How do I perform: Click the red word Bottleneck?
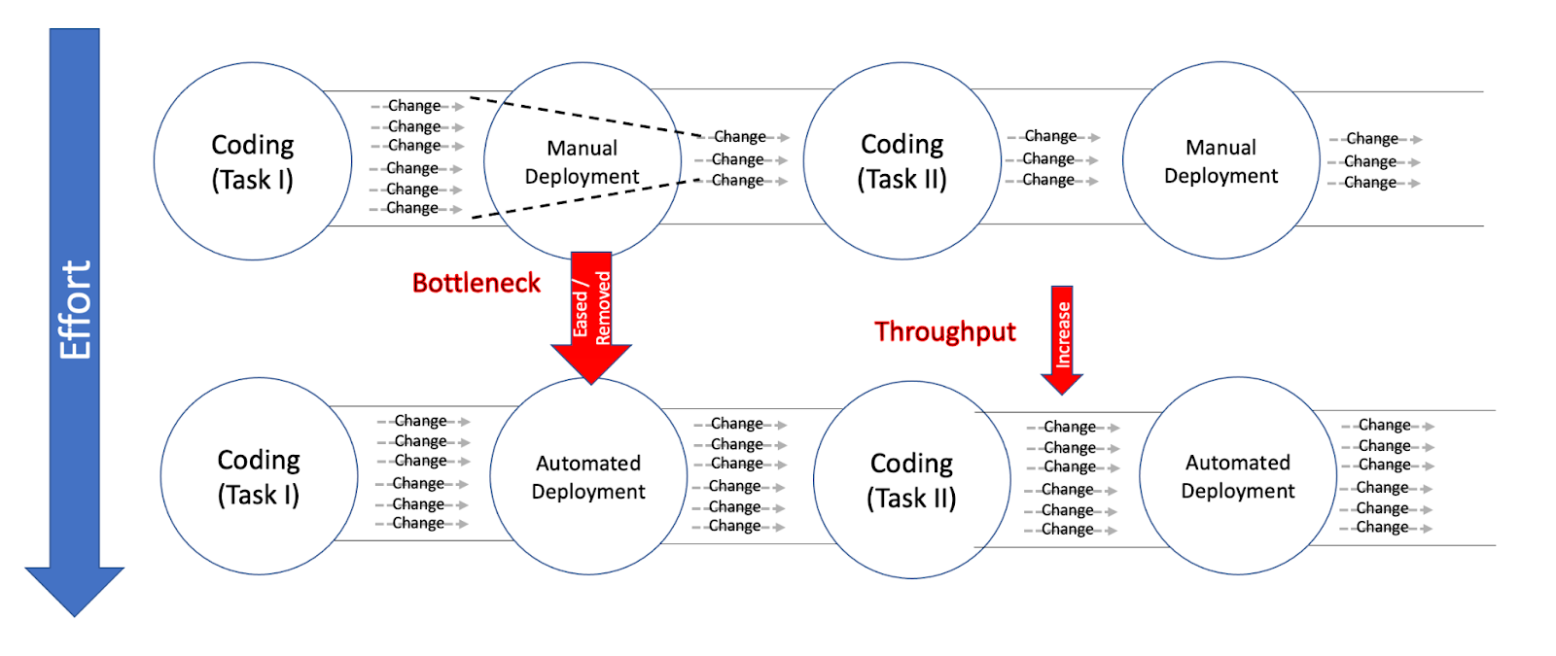coord(476,283)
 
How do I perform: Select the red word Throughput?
coord(944,332)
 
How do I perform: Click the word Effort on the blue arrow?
coord(75,309)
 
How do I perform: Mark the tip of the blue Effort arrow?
coord(74,613)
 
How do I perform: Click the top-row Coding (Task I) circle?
coord(253,161)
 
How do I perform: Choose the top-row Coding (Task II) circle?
coord(902,161)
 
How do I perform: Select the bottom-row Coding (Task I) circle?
coord(259,476)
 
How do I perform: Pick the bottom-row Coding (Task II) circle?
coord(912,479)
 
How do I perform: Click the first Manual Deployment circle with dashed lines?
coord(583,161)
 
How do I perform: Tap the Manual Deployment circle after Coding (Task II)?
coord(1221,161)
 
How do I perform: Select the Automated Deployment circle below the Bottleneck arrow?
coord(588,476)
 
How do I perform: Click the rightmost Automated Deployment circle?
coord(1238,476)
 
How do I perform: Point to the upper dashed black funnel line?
coord(583,116)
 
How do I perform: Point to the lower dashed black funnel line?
coord(583,198)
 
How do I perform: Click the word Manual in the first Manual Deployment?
coord(582,148)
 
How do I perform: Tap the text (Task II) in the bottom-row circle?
coord(911,498)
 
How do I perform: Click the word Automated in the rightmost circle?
coord(1237,463)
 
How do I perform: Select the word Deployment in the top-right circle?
coord(1220,176)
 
